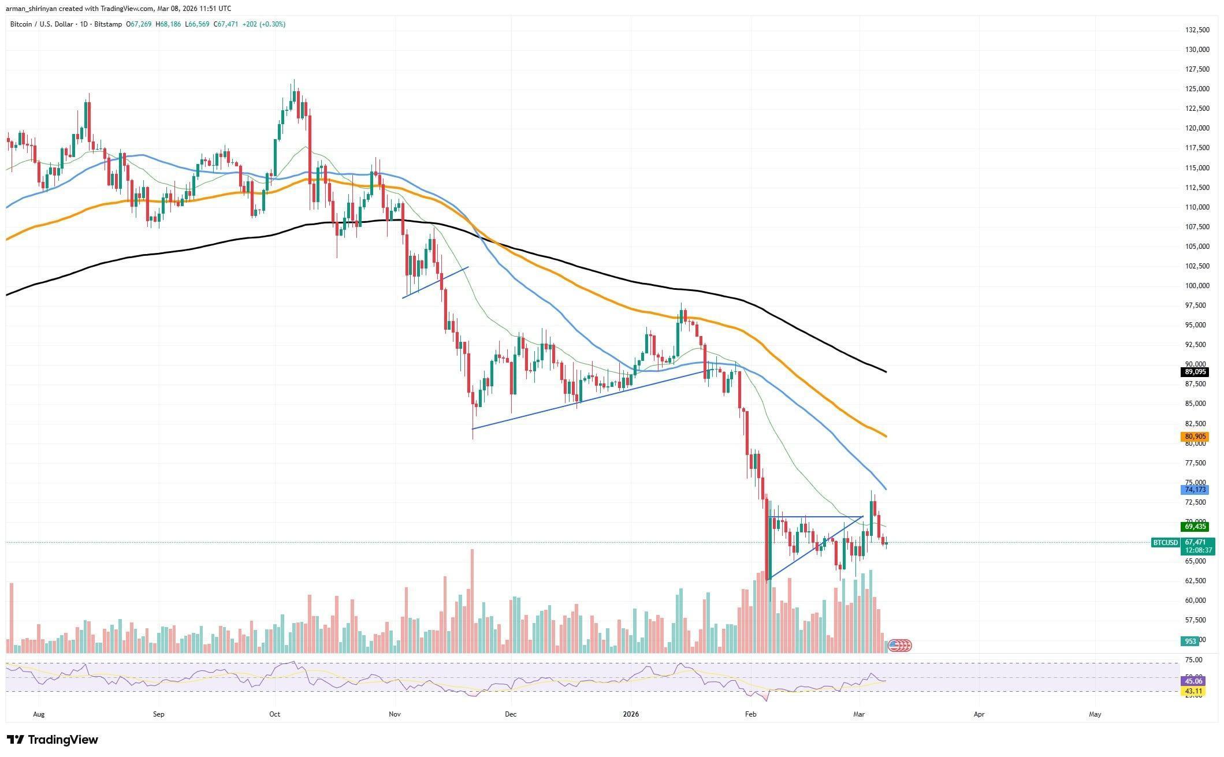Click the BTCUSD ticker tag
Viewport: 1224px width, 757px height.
(1165, 543)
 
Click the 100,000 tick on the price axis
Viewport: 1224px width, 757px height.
(1193, 286)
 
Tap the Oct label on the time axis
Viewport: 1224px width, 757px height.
(274, 714)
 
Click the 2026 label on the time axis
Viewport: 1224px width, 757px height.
(631, 714)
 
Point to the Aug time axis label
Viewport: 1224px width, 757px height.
(39, 714)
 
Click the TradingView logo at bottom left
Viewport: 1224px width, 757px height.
(53, 740)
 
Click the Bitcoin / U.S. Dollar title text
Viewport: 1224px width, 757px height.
(46, 24)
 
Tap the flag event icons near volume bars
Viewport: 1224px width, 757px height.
(899, 646)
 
